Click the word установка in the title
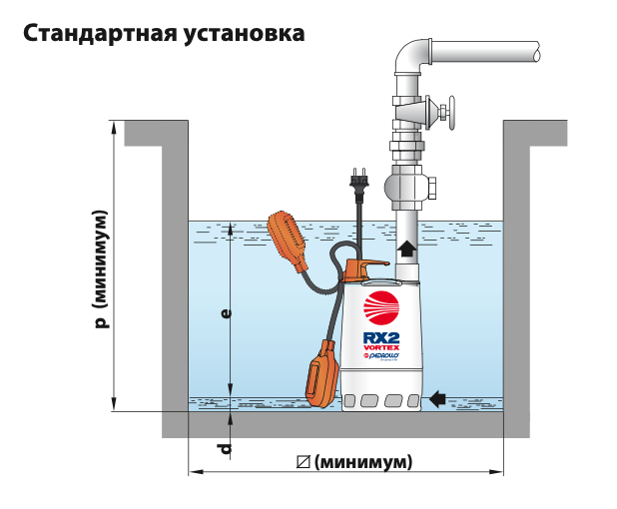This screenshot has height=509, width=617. [242, 34]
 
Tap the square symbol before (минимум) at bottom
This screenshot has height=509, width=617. [304, 463]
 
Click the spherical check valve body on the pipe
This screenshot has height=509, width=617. [409, 185]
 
